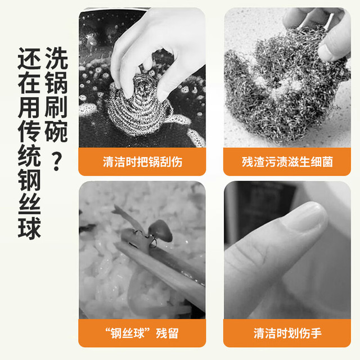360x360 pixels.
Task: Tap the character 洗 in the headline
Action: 56,58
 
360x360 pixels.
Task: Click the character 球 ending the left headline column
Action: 29,227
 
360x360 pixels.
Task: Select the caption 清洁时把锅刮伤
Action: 142,162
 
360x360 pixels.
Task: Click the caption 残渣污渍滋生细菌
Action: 287,162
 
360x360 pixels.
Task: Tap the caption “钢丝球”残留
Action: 142,333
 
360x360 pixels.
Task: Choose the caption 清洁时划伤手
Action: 287,333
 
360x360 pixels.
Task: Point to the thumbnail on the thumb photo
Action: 307,216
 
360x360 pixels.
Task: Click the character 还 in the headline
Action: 29,58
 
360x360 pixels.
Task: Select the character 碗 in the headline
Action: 56,131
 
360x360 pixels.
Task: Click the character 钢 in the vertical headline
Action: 29,179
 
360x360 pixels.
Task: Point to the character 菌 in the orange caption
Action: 327,162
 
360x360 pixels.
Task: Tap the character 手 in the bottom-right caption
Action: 316,333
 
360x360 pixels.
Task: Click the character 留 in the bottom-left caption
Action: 173,333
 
